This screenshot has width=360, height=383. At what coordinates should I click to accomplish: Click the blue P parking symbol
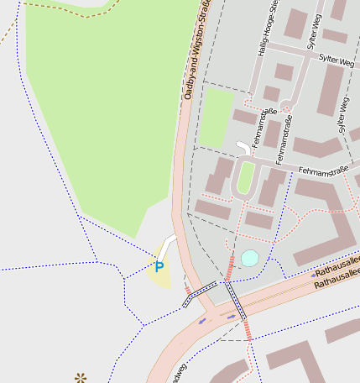(159, 267)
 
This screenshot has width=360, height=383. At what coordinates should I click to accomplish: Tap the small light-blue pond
(249, 258)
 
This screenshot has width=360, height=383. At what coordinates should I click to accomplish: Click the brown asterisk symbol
(81, 378)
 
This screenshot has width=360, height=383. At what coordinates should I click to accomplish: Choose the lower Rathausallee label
(337, 282)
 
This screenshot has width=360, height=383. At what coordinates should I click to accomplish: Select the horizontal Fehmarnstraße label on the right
(323, 171)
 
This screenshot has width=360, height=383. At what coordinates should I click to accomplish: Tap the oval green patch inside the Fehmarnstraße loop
(246, 177)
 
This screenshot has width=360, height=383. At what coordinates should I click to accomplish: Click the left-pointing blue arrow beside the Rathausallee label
(314, 275)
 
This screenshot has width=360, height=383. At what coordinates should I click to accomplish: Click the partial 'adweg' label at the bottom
(179, 372)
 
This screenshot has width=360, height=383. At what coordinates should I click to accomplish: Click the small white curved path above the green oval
(243, 148)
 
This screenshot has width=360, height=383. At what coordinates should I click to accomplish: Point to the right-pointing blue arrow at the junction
(231, 317)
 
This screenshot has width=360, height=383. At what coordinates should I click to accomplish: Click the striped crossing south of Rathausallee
(248, 330)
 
